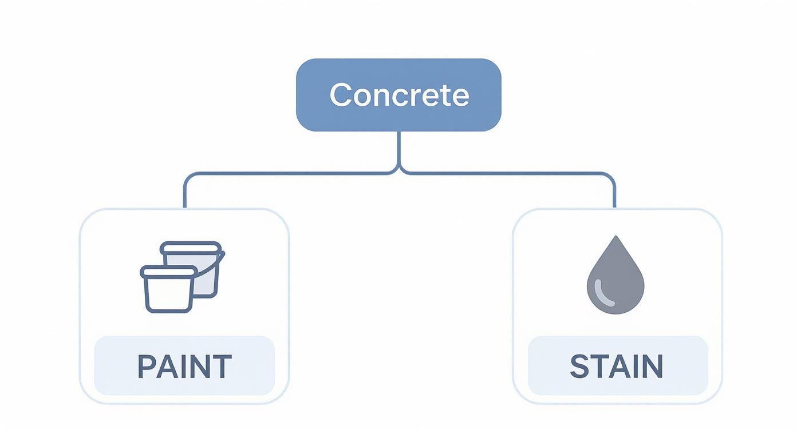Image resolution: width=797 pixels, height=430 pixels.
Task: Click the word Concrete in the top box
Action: point(399,95)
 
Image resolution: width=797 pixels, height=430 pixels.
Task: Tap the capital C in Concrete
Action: point(340,95)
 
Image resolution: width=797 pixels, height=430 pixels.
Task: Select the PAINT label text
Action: point(184,367)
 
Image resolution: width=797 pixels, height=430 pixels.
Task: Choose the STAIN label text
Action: point(617,367)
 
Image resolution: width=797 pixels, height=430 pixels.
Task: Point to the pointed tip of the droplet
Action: point(615,237)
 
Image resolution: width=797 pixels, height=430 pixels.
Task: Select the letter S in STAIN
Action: point(579,367)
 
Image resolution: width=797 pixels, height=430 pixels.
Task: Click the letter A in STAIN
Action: point(615,367)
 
